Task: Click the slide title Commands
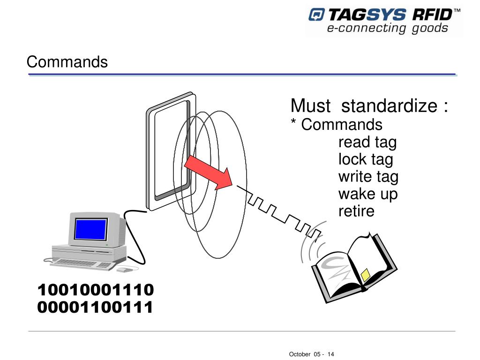coord(67,62)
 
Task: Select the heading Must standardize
coord(369,106)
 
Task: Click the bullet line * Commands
coord(337,125)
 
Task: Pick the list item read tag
coord(367,142)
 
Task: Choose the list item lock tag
coord(366,159)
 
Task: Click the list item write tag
coord(368,177)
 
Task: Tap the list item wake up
coord(368,194)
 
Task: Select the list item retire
coord(356,211)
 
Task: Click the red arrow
coord(208,173)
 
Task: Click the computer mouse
coord(123,270)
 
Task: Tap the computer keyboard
coord(84,264)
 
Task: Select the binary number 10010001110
coord(96,290)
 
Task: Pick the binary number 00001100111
coord(96,307)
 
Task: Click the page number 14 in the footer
coord(331,354)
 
